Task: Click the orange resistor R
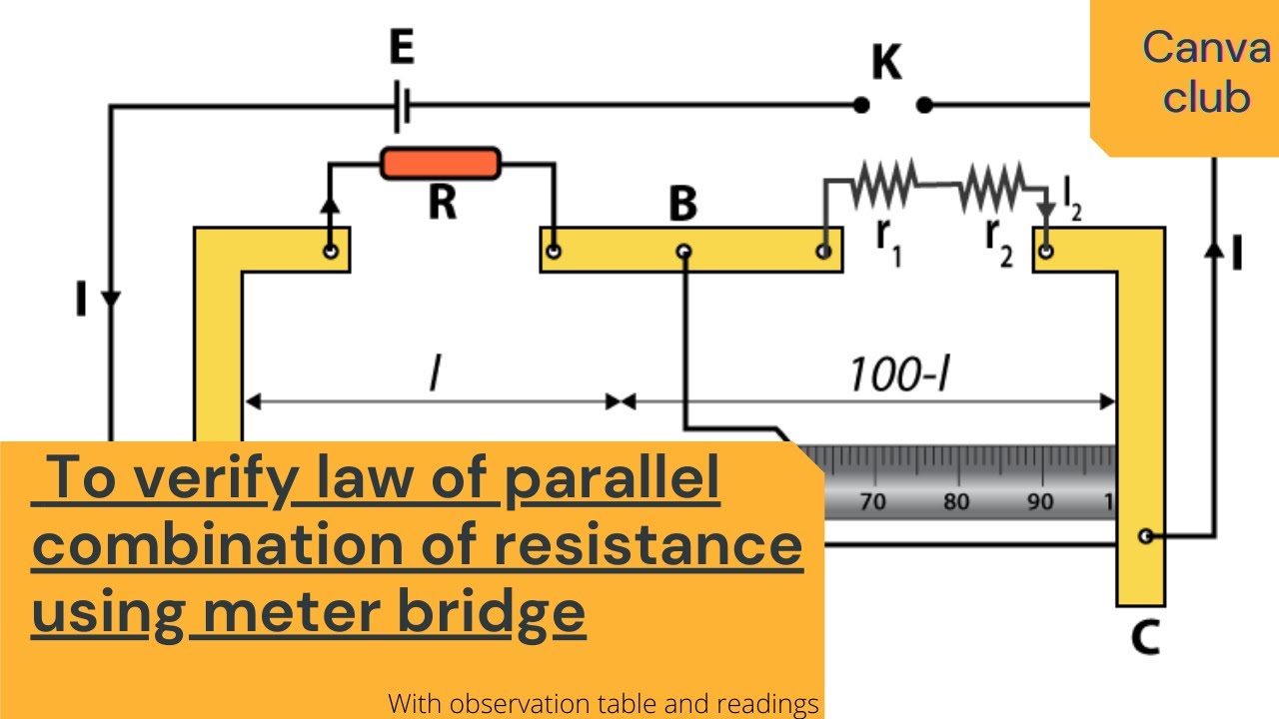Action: click(x=441, y=163)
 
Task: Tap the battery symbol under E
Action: click(x=403, y=106)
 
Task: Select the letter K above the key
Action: click(x=886, y=62)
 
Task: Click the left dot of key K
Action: click(x=861, y=105)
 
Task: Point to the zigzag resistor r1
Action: click(x=884, y=184)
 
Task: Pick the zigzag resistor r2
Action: click(x=992, y=186)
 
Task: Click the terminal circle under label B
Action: click(x=684, y=251)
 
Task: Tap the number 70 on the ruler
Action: click(x=872, y=501)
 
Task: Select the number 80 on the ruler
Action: click(x=956, y=501)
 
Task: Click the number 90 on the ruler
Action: click(x=1040, y=501)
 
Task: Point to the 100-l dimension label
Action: click(x=900, y=374)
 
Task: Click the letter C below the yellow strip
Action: click(x=1145, y=637)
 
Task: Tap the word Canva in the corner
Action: click(x=1206, y=47)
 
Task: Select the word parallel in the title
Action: click(x=613, y=479)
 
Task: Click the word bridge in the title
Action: click(x=491, y=613)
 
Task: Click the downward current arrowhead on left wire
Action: click(x=110, y=299)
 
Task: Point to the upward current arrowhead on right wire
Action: click(x=1214, y=250)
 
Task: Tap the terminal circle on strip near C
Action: click(x=1145, y=536)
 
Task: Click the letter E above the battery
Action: click(x=402, y=47)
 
